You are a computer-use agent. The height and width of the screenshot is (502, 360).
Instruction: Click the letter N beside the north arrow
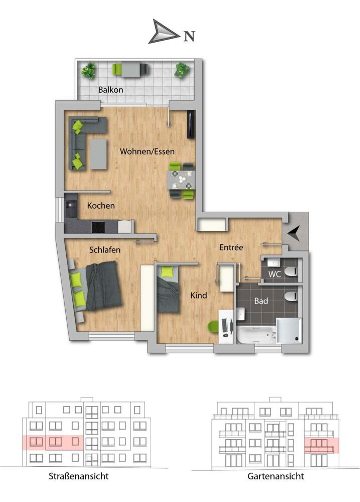(189, 36)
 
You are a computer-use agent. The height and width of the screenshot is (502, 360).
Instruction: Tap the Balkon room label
(111, 90)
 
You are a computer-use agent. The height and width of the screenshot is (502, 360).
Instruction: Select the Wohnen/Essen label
(147, 151)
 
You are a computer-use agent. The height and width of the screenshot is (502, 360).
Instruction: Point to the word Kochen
(101, 205)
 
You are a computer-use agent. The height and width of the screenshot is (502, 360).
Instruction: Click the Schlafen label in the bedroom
(105, 250)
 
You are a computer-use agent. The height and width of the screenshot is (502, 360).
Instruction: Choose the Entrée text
(231, 247)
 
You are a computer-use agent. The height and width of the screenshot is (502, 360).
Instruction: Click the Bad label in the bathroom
(261, 301)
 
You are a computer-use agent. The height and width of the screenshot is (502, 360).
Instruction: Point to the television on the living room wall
(191, 124)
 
